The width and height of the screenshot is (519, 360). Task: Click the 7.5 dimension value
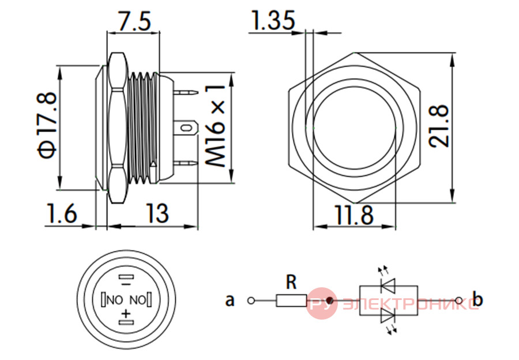pos(135,21)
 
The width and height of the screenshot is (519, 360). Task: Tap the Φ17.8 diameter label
pos(47,125)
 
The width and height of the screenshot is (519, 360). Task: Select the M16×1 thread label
pos(215,126)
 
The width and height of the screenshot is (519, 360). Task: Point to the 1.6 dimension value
pos(62,213)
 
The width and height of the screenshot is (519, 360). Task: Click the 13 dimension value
pos(157,213)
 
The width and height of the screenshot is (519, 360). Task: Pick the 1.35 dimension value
pos(273,20)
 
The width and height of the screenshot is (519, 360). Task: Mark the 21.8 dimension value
pos(439,126)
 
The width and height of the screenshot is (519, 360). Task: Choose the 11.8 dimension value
pos(354,215)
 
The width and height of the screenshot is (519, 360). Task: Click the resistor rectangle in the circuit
pos(291,301)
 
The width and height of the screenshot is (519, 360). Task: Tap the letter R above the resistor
pos(291,282)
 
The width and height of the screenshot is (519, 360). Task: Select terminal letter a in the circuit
pos(230,301)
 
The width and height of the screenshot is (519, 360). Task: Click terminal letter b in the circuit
pos(477,298)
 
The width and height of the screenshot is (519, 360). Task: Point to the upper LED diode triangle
pos(388,286)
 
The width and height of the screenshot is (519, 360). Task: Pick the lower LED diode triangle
pos(388,316)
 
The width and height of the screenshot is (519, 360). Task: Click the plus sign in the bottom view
pos(126,313)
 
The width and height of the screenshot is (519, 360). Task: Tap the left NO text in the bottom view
pos(115,300)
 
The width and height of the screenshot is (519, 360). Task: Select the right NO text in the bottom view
pos(138,300)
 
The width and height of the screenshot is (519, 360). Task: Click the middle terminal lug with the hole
pos(186,127)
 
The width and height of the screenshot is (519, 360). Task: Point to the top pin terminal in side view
pos(186,92)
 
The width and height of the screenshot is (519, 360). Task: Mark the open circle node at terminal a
pos(251,301)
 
